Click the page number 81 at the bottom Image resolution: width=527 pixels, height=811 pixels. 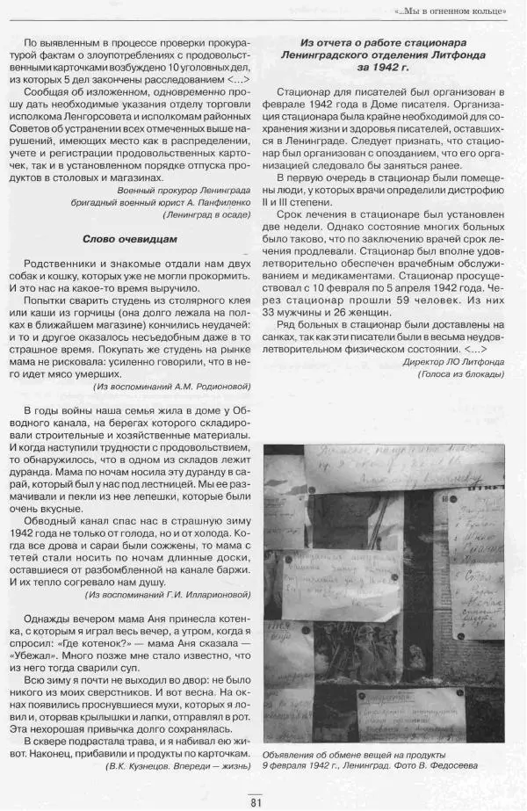pos(256,800)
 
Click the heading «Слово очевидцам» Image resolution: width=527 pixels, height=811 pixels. pos(130,239)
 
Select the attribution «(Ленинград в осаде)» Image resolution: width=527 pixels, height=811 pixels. pos(206,214)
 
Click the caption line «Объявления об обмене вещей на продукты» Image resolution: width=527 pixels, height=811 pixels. pos(354,755)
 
